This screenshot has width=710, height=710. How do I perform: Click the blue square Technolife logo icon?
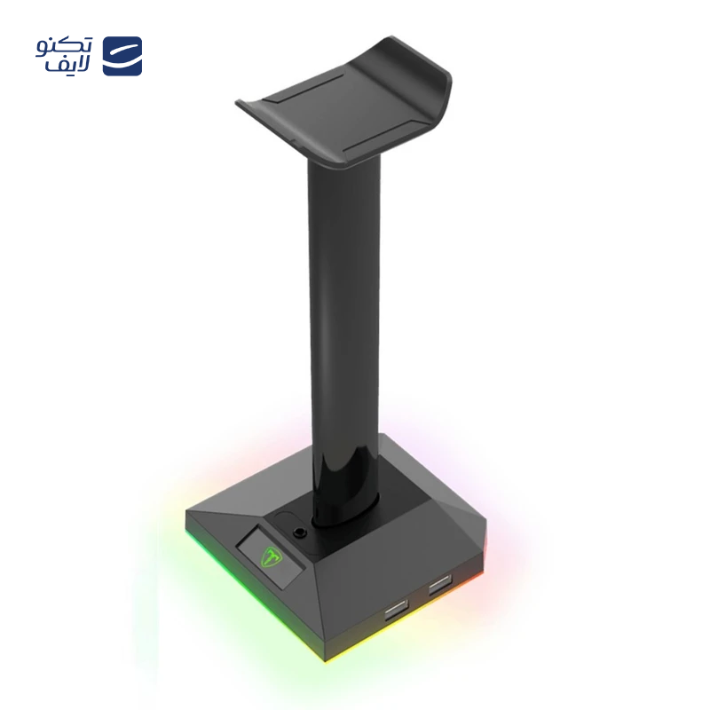122,56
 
